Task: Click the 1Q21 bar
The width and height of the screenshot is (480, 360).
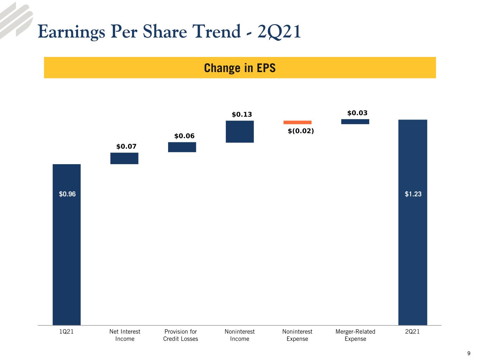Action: (67, 245)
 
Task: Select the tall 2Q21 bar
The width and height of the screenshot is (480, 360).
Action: (412, 222)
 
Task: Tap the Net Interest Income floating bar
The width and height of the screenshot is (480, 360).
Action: (124, 158)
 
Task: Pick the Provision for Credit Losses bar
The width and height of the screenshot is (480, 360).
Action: (182, 147)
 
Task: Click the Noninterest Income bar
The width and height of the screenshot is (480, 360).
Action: (240, 131)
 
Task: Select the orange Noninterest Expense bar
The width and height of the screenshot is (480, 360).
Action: (297, 122)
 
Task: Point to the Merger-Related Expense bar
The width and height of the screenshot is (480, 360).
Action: (355, 122)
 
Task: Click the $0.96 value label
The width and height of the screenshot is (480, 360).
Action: (68, 194)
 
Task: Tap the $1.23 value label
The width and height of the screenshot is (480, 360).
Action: (413, 194)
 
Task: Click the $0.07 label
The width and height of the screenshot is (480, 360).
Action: (126, 146)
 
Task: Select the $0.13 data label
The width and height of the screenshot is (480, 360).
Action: (242, 114)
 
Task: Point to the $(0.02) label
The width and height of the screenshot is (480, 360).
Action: (301, 131)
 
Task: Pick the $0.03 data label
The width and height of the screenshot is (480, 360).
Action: (357, 113)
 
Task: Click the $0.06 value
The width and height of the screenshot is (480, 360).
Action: (184, 136)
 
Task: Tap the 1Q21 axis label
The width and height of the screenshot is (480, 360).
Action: (66, 332)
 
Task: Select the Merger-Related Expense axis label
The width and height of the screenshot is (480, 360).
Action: (356, 335)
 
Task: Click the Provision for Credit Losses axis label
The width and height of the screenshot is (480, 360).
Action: (181, 335)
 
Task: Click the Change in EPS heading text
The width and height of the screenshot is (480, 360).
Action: (240, 68)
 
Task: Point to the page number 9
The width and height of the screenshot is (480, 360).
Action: (469, 353)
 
